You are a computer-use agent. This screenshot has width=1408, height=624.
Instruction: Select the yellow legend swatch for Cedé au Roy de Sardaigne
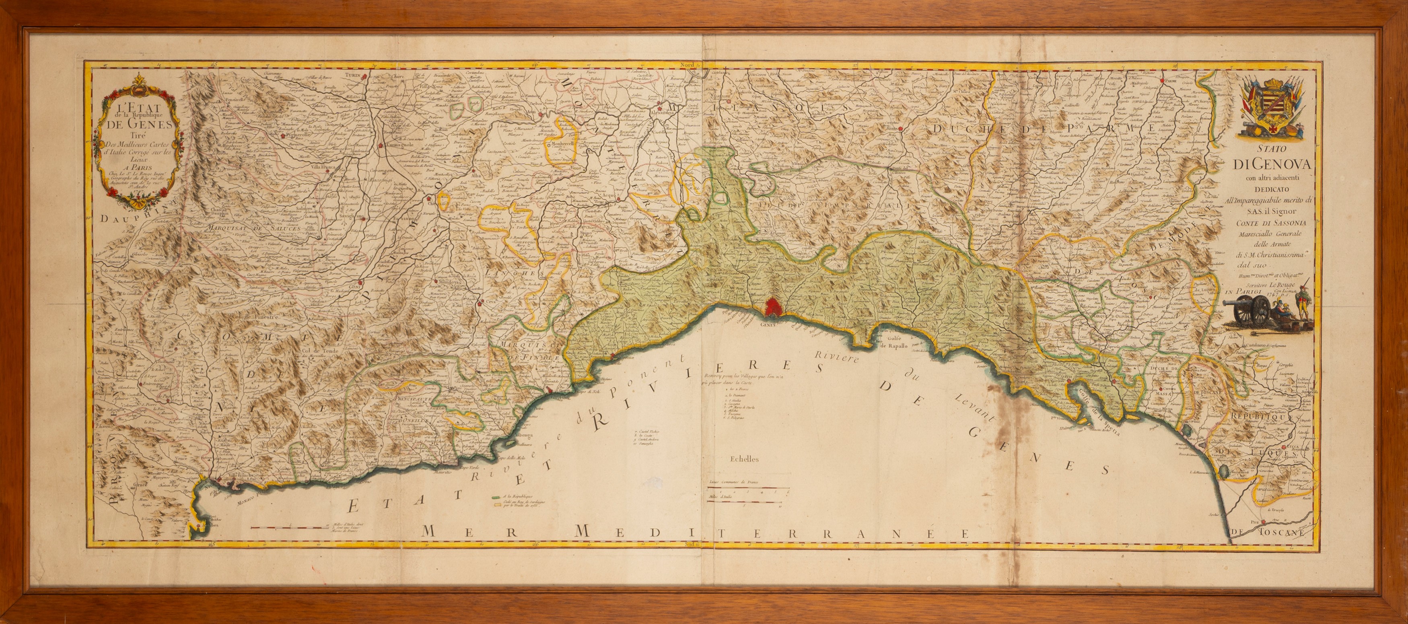pos(496,504)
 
